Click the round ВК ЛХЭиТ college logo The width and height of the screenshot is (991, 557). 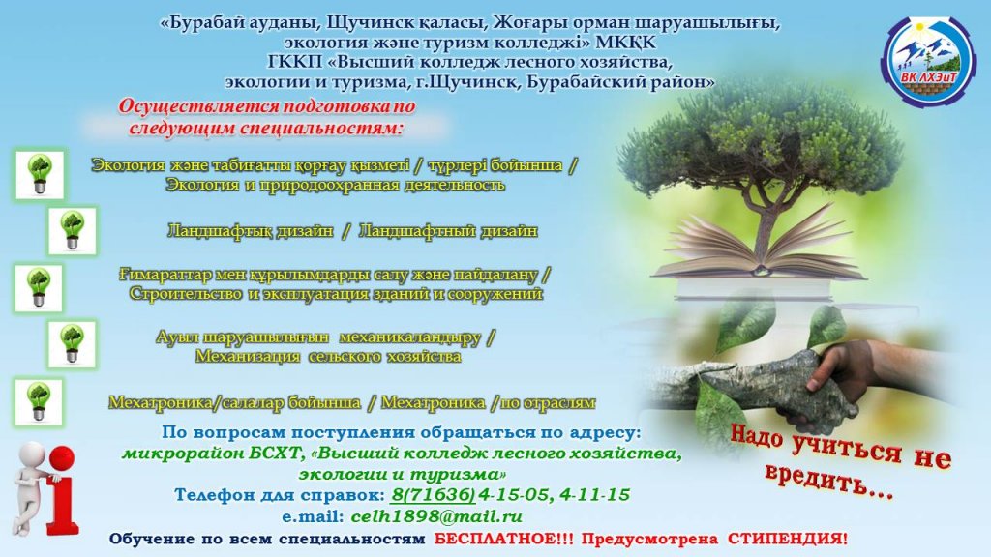coord(927,61)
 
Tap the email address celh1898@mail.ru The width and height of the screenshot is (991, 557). coord(436,516)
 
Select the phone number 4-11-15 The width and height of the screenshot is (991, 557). coord(595,494)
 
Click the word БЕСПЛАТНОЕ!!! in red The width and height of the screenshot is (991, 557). coord(504,539)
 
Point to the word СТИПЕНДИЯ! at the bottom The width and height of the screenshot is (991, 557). coord(788,539)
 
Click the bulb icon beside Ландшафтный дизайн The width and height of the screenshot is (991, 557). coord(73,230)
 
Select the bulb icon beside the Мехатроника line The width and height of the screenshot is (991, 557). coord(39,402)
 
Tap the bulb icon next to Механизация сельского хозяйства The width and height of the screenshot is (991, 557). coord(72,344)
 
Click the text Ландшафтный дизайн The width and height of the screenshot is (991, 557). coord(448,231)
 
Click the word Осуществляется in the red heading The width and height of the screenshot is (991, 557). coord(198,106)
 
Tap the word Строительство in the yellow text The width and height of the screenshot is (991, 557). coord(186,294)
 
